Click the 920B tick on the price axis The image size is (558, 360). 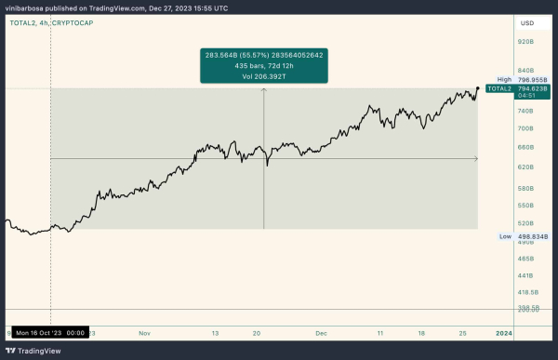point(525,42)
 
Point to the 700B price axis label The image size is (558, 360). point(525,128)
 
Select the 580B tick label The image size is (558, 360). point(525,188)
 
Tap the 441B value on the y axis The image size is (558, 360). point(525,275)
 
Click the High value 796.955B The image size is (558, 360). point(536,80)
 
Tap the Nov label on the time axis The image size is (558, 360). point(143,331)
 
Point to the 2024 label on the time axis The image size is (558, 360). point(503,331)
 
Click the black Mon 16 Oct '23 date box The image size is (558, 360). point(50,331)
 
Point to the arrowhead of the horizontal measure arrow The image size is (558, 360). point(476,158)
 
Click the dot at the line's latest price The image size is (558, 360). point(477,88)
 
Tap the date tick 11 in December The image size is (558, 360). point(380,331)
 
